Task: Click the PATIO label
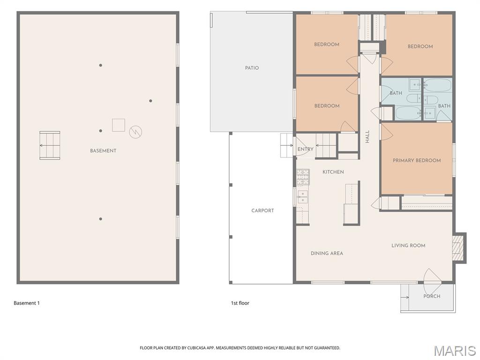[x=252, y=68]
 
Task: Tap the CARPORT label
[x=262, y=210]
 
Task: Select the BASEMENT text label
[x=103, y=151]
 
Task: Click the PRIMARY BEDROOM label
[x=417, y=160]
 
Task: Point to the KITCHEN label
[x=333, y=172]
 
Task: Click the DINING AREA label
[x=327, y=253]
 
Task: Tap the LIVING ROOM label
[x=408, y=246]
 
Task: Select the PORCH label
[x=432, y=296]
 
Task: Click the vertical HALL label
[x=367, y=136]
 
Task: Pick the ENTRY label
[x=305, y=150]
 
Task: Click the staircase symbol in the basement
[x=50, y=145]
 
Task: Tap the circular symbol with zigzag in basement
[x=135, y=132]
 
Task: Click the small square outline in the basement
[x=118, y=125]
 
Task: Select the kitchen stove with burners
[x=302, y=177]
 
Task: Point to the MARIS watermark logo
[x=454, y=351]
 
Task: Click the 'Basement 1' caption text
[x=27, y=303]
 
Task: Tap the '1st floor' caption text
[x=240, y=303]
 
